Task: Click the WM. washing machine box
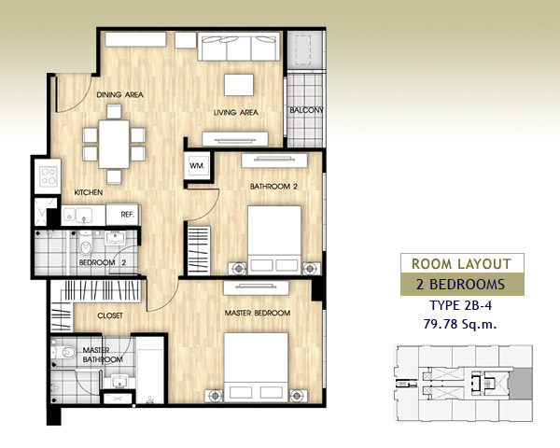tap(197, 165)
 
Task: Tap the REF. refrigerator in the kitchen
tap(123, 215)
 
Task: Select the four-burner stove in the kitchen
tap(49, 176)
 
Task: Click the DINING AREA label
tap(120, 94)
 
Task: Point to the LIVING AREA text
tap(236, 113)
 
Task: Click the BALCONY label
tap(306, 110)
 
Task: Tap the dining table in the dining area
tap(114, 144)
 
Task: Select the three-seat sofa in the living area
tap(239, 47)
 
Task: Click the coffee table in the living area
tap(239, 85)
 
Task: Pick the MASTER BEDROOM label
tap(258, 313)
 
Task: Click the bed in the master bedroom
tap(256, 367)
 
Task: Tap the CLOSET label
tap(110, 315)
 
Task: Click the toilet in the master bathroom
tap(63, 353)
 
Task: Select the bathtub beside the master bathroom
tap(150, 376)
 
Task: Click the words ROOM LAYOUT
tap(461, 264)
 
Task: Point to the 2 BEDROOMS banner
tap(462, 284)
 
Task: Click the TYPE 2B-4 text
tap(461, 305)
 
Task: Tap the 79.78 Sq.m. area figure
tap(460, 324)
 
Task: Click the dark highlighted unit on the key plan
tap(521, 384)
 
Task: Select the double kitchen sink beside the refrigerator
tap(77, 216)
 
